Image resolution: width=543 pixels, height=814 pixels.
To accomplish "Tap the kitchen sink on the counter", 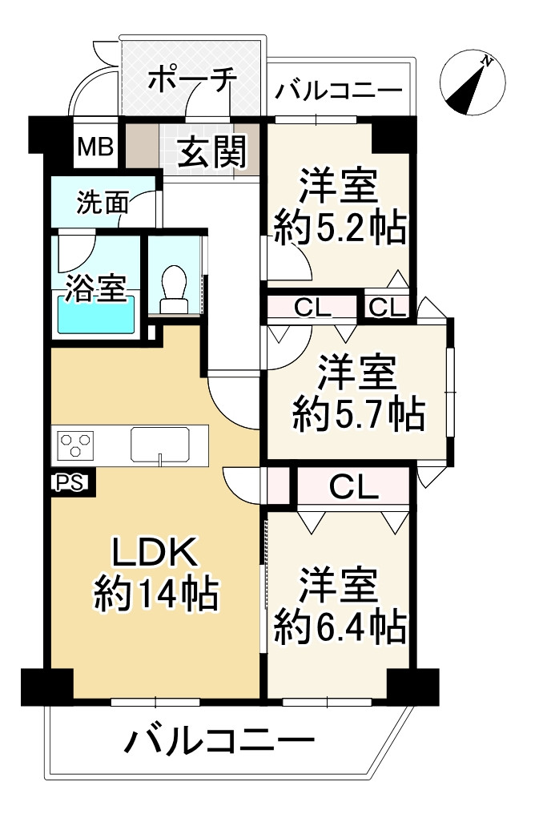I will [x=160, y=444].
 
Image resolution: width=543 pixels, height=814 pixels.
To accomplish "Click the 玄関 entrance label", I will [x=211, y=150].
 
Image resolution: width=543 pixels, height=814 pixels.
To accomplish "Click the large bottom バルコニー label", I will [x=218, y=743].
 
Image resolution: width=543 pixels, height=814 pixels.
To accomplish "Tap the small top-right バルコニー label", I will [x=338, y=91].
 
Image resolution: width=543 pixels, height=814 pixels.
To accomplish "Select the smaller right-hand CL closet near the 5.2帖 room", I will [x=388, y=307].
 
